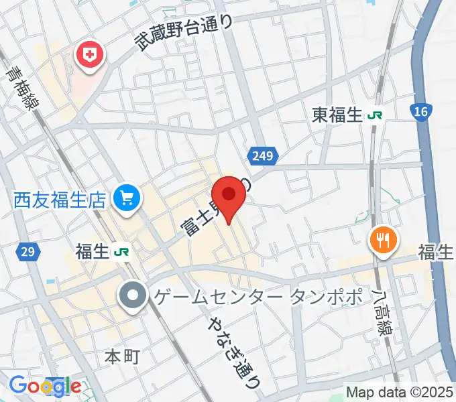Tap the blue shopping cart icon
(x=126, y=198)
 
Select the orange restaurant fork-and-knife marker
(x=383, y=239)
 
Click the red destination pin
(x=230, y=195)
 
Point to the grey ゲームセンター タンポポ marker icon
(x=132, y=295)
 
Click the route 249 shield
(x=264, y=156)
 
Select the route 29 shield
(x=27, y=252)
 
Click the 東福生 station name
(x=337, y=115)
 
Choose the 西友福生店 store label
(x=60, y=198)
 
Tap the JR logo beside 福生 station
(x=121, y=252)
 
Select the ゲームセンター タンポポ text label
(x=258, y=296)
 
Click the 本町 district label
(x=122, y=356)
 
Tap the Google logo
(x=45, y=386)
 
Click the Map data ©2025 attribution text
(x=400, y=392)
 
